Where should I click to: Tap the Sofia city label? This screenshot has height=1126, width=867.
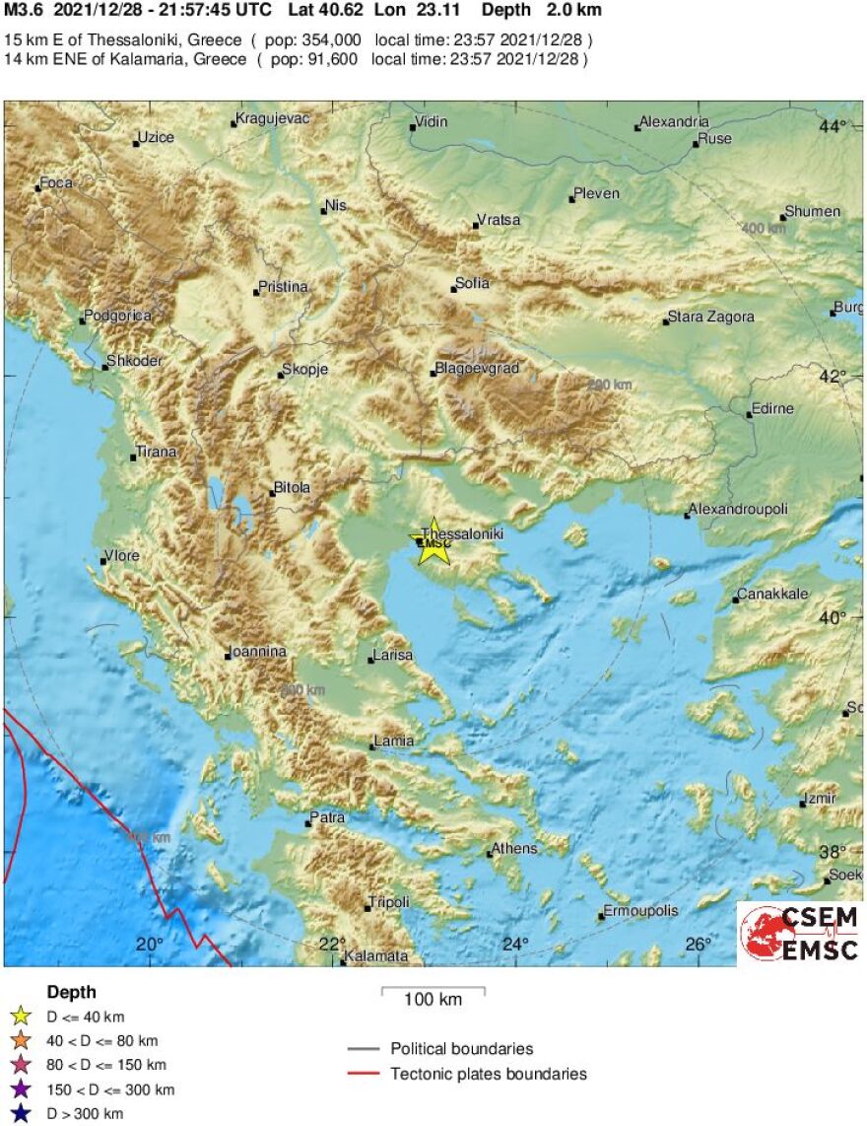point(472,284)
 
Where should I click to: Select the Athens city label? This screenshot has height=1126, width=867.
point(514,849)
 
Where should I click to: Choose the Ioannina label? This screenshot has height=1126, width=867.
point(257,652)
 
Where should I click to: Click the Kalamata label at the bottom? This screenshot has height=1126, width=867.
point(375,956)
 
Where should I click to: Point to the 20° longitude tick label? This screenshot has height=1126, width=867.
point(150,945)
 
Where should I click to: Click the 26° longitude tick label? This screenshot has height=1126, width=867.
point(699,945)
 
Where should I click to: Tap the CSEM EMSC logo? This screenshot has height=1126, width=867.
point(799,933)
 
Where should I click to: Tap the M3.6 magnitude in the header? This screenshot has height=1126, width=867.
point(24,11)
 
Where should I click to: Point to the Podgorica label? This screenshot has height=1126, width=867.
point(118,316)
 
